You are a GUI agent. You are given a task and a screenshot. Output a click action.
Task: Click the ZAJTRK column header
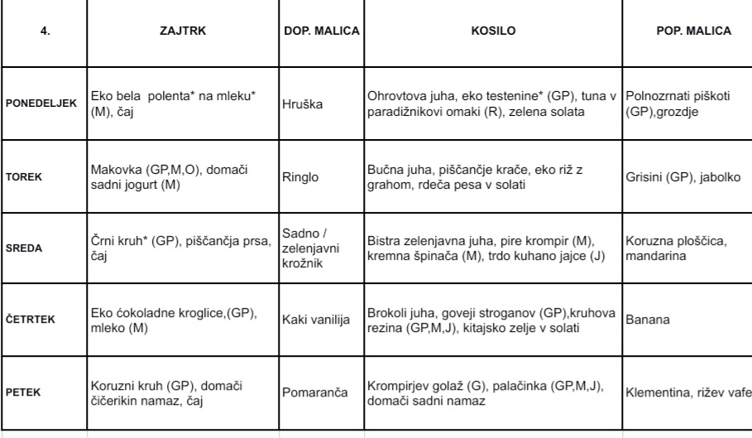click(x=183, y=31)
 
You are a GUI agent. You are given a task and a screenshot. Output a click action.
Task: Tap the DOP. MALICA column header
click(x=321, y=31)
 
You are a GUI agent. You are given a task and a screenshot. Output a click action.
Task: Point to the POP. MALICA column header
click(x=693, y=31)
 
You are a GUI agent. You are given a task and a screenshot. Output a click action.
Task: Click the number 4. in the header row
click(x=44, y=31)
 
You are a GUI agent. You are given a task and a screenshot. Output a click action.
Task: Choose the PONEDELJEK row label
click(x=41, y=103)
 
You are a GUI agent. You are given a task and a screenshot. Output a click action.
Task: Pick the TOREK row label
click(x=25, y=176)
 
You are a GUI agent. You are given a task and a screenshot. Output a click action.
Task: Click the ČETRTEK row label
click(x=31, y=319)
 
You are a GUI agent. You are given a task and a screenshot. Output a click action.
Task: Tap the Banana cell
click(x=649, y=318)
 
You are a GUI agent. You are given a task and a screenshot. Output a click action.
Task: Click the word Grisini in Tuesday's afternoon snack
click(x=646, y=176)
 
